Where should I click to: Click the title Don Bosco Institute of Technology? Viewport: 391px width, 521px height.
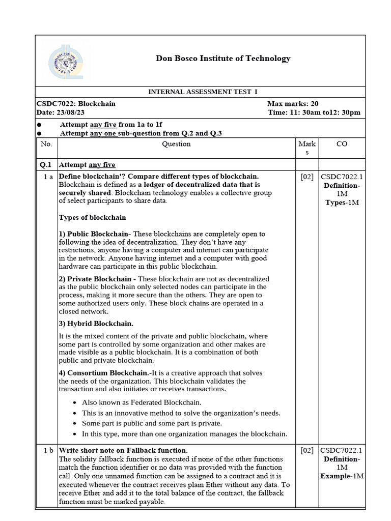223,58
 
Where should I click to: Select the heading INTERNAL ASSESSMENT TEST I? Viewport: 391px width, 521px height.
203,92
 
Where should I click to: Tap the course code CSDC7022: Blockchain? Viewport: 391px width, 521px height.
76,103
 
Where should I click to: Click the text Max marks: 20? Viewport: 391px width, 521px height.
293,103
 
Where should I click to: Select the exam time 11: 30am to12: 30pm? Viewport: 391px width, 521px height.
314,112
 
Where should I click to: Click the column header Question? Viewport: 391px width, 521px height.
176,144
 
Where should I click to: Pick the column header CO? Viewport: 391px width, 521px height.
342,144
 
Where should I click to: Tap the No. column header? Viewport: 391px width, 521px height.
46,144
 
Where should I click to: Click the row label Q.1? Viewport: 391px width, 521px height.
46,165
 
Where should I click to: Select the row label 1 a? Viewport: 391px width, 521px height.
48,177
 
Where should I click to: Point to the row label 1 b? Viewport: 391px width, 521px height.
48,450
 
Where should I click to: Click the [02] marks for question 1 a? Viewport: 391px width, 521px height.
307,177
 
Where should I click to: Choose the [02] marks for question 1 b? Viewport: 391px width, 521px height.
307,450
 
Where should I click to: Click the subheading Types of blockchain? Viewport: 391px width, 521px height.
93,218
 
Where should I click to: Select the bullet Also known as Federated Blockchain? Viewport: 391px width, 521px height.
142,402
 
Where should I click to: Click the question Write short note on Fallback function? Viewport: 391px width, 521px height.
123,450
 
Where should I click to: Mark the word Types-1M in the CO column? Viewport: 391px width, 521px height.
342,202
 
